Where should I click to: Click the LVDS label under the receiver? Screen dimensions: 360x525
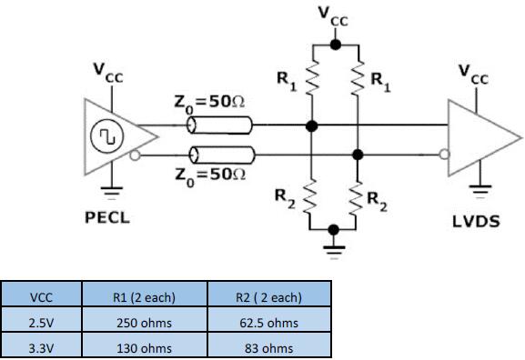click(x=477, y=221)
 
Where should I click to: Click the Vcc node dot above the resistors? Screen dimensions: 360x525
click(x=335, y=44)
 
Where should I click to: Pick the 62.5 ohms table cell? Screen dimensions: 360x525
click(x=268, y=323)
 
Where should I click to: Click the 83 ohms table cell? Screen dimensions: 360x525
click(x=268, y=347)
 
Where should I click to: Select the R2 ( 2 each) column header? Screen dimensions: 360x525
click(x=268, y=297)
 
